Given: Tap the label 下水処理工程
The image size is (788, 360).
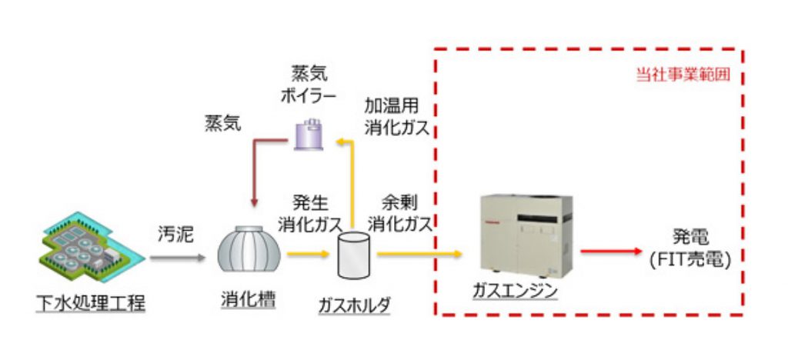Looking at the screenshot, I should click(92, 302).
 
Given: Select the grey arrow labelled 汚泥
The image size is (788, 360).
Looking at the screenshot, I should click(178, 258).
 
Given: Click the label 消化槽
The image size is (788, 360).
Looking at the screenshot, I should click(244, 302).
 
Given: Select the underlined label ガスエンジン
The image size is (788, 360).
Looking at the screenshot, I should click(516, 292).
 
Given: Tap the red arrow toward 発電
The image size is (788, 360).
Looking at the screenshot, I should click(612, 251).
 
